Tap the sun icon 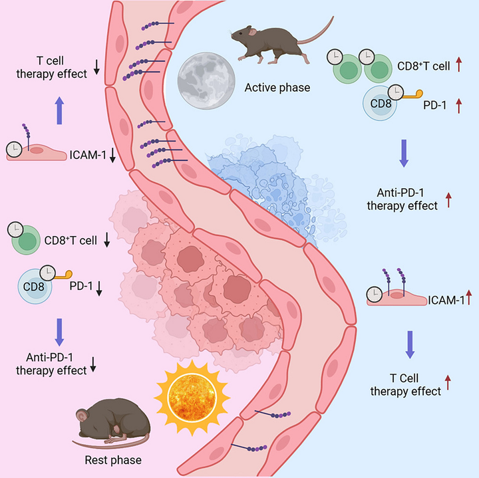(192, 394)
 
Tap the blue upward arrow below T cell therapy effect (59, 109)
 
